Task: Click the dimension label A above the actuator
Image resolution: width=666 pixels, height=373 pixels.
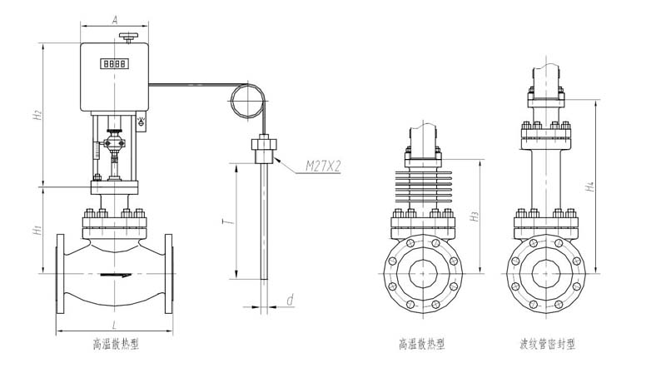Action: pos(115,19)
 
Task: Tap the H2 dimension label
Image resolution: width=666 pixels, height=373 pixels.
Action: pos(37,114)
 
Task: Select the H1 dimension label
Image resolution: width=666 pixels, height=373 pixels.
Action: pos(37,231)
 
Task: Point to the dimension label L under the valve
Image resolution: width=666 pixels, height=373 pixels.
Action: pos(114,326)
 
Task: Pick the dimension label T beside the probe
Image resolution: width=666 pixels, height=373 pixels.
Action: pos(229,221)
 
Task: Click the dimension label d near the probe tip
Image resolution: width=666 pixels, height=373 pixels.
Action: pos(290,300)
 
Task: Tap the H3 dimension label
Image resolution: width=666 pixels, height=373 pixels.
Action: pos(475,216)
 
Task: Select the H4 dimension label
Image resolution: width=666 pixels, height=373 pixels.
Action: pos(590,186)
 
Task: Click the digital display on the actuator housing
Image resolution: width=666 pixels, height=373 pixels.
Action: pos(115,64)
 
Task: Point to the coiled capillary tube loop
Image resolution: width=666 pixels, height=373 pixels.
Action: pos(248,101)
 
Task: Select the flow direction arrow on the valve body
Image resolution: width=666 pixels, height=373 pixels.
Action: pos(116,276)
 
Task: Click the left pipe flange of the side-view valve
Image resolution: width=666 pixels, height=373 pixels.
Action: pos(60,274)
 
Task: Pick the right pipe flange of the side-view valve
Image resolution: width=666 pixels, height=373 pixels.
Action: pos(169,274)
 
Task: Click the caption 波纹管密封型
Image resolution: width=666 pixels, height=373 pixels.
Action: pos(548,344)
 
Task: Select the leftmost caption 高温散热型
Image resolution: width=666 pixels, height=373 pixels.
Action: pos(116,344)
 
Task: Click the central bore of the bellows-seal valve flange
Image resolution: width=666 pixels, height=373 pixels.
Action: pos(546,274)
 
